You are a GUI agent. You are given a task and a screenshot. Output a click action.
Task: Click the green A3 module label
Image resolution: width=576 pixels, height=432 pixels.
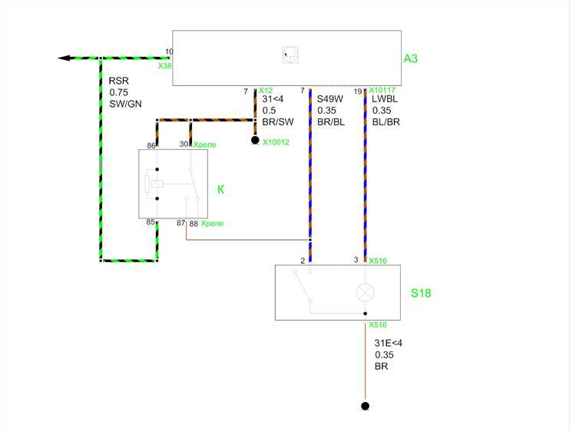point(411,58)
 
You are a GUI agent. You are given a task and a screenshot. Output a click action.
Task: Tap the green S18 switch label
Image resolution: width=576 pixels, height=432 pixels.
point(421,293)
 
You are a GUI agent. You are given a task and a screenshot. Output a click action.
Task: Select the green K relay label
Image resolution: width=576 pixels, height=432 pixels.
point(220,189)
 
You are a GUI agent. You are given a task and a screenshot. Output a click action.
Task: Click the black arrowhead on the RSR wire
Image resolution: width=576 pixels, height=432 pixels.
point(64,58)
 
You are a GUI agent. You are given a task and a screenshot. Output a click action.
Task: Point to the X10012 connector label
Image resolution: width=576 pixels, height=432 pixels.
point(276,142)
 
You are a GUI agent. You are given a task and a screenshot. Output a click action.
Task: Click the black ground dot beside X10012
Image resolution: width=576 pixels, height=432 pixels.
point(255,140)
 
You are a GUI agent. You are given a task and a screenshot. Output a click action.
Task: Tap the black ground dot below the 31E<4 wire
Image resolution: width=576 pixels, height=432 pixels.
point(365,406)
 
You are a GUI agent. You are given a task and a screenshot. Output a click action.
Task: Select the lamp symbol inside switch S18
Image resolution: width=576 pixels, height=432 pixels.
point(365,293)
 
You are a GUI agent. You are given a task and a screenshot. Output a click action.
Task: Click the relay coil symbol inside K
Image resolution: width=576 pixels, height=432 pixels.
point(157,184)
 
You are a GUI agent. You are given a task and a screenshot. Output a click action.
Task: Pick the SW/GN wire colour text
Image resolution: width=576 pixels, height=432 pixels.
point(125,104)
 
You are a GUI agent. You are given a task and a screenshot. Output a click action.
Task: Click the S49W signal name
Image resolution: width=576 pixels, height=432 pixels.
point(330,99)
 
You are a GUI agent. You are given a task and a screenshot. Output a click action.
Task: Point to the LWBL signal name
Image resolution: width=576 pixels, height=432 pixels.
point(385,99)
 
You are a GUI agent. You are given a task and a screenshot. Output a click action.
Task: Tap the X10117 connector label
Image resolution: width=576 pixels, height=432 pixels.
point(382,90)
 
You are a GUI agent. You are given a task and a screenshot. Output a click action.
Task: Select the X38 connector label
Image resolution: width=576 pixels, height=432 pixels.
point(164,66)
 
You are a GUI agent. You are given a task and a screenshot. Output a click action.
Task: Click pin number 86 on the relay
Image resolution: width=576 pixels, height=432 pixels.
point(151,145)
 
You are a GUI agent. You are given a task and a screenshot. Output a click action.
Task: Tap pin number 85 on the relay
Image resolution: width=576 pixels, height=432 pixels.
point(151,221)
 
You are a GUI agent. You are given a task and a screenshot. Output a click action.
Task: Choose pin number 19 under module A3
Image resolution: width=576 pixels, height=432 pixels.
point(358,91)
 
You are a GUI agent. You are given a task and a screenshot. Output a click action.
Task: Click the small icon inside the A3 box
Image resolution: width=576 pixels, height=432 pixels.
point(290,55)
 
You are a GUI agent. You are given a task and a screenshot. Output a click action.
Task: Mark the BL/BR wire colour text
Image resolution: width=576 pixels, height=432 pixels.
point(386,122)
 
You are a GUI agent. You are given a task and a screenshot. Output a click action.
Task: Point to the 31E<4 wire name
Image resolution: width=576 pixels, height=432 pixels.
point(389,343)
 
